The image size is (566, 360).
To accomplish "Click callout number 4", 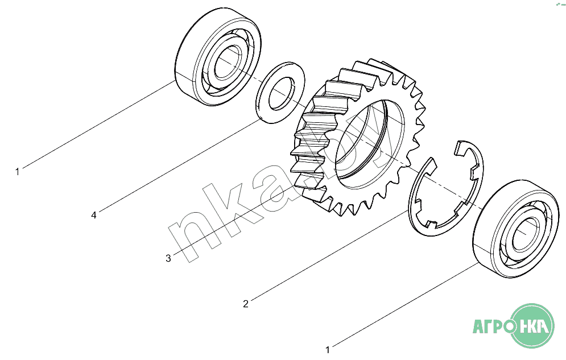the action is click(x=94, y=216).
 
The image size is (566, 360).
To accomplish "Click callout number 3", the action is click(x=168, y=259).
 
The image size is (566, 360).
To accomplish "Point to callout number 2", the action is click(x=246, y=304).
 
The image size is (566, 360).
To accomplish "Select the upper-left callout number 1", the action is click(x=17, y=172).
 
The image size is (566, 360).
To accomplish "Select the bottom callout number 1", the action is click(x=328, y=350).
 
